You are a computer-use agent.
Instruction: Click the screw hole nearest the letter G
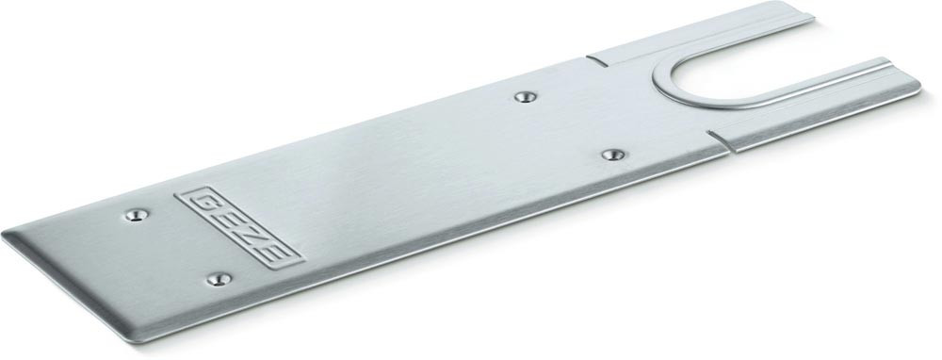(137, 215)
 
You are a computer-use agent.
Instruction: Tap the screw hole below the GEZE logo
(219, 279)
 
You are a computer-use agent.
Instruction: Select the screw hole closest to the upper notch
(526, 96)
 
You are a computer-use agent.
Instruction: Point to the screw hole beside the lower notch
(613, 155)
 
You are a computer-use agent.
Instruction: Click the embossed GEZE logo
(238, 227)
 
